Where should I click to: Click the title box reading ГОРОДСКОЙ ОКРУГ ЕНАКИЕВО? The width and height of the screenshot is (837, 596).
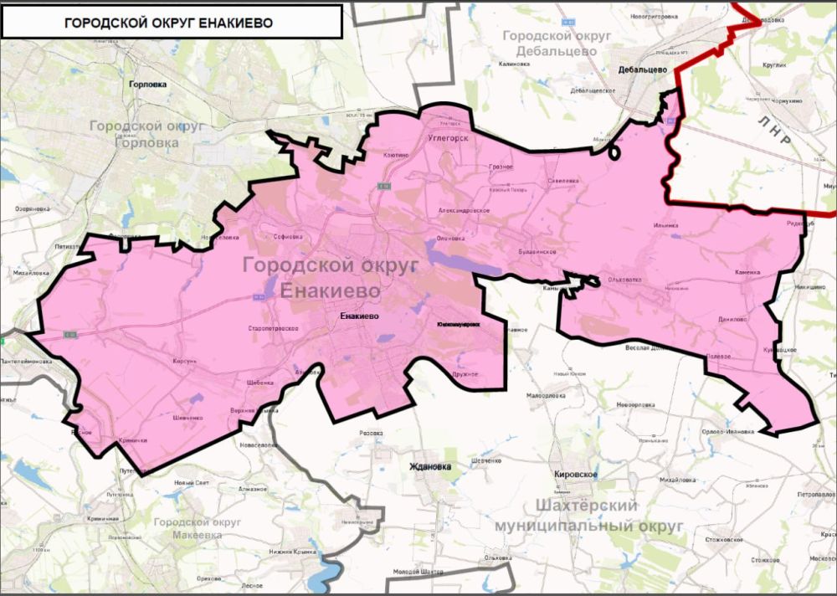point(171,22)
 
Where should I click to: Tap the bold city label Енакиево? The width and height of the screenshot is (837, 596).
point(361,317)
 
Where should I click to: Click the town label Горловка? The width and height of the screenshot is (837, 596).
point(149,85)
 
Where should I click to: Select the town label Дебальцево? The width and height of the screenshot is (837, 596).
point(642,71)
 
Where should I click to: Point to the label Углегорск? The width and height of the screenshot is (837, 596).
point(447,136)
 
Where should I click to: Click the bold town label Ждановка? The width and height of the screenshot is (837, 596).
point(429,466)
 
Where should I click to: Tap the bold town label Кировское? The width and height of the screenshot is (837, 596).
point(576,474)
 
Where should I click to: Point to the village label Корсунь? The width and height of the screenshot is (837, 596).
point(183,361)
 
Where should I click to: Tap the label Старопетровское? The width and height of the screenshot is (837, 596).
point(274,329)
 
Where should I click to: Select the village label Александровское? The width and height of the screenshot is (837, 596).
point(464,211)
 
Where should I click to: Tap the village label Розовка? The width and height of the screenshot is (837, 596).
point(370,434)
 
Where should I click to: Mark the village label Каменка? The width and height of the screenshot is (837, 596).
point(747,272)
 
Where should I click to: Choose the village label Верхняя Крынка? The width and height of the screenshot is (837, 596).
point(255,411)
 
